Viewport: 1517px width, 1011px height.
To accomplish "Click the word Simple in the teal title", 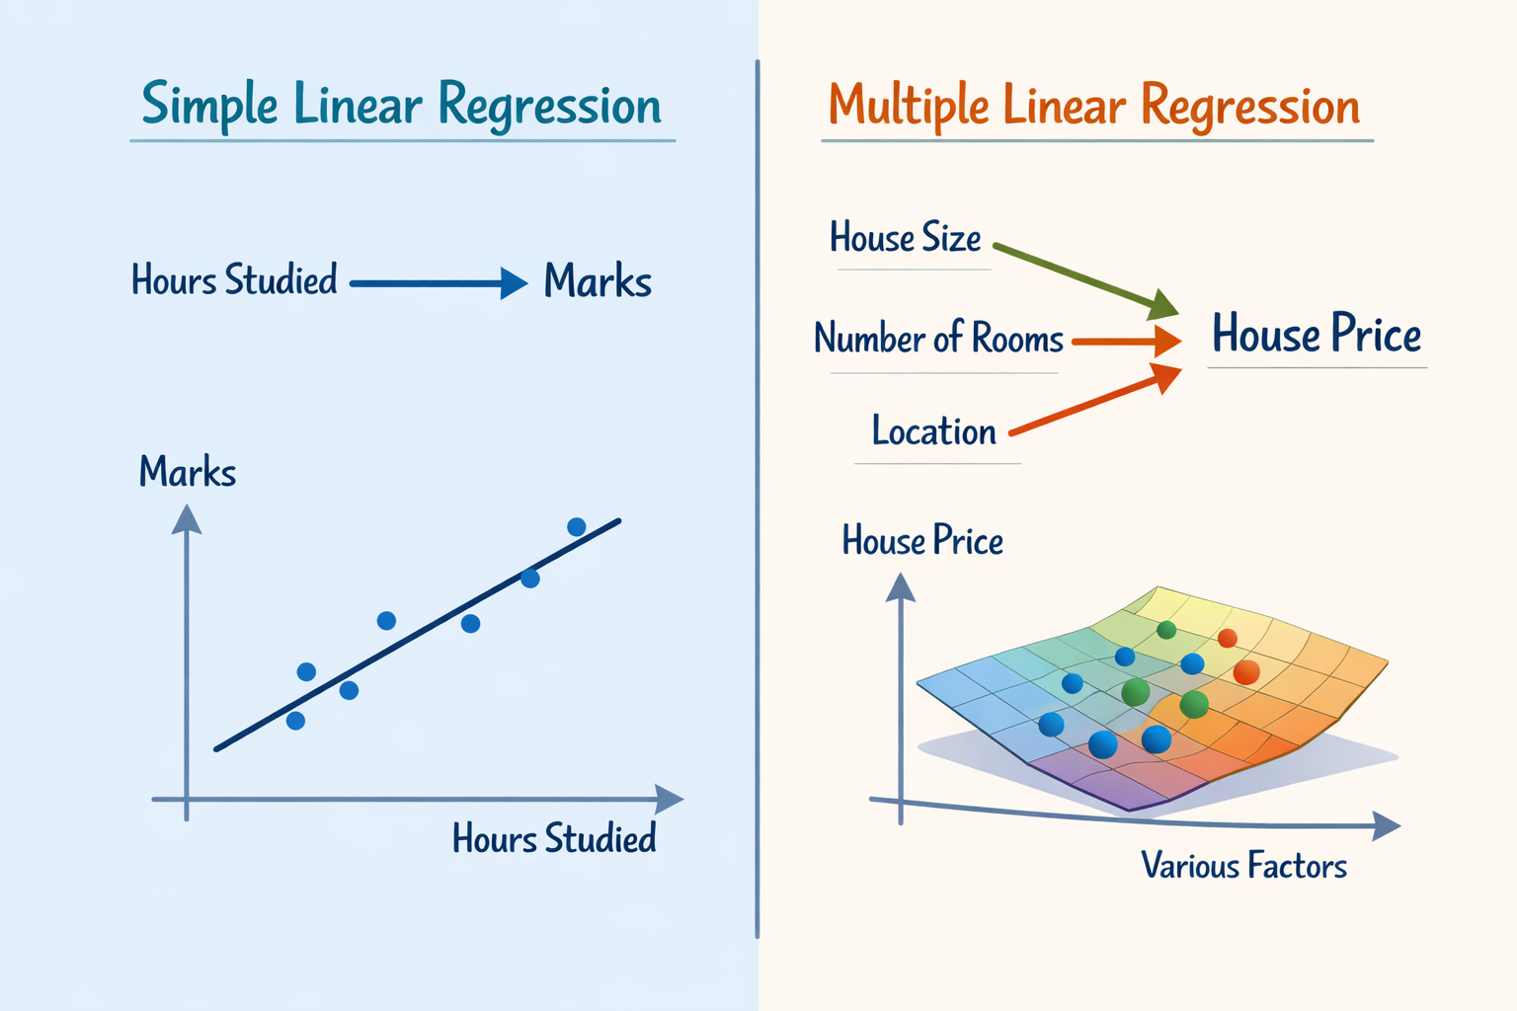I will [209, 105].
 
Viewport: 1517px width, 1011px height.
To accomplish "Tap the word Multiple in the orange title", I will [909, 107].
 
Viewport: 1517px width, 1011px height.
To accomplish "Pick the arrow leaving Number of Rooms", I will [1126, 342].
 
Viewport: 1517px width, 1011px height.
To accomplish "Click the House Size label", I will [905, 238].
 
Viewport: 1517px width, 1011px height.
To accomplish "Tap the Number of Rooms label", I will [938, 339].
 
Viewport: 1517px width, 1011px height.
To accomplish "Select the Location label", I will [933, 431].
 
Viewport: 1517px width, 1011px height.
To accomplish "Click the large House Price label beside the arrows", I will [1317, 334].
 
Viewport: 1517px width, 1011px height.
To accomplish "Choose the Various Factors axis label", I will [1243, 866].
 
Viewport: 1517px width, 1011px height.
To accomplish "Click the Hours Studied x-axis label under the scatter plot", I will [554, 839].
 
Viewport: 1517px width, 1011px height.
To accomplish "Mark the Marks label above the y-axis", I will [188, 473].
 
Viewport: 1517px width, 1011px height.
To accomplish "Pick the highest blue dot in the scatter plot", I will [577, 527].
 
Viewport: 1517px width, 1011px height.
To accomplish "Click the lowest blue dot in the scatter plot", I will [295, 721].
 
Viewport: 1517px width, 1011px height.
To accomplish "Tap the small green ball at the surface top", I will [1166, 630].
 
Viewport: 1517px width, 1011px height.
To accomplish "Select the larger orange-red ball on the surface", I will [1246, 672].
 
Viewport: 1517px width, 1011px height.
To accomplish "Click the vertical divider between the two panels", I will [758, 494].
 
